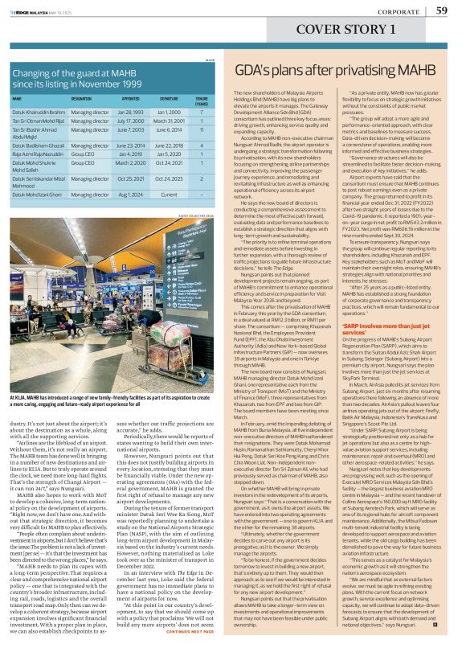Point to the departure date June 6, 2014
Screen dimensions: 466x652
169,130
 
